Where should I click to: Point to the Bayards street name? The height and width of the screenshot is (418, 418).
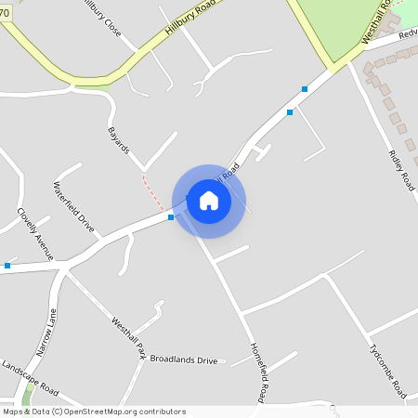(119, 140)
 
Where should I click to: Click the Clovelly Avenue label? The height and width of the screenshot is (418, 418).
(35, 232)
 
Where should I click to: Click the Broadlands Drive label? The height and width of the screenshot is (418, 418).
(183, 359)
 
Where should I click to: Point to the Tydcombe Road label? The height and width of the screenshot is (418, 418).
(386, 367)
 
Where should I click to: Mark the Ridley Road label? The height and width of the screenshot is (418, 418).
(402, 169)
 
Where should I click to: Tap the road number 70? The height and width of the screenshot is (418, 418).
(5, 14)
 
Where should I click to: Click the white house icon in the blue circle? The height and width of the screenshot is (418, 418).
(209, 201)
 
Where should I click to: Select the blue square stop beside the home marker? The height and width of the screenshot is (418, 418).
(171, 217)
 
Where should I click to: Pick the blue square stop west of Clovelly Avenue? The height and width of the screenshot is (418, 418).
(7, 266)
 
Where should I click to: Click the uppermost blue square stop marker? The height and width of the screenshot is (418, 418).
(305, 89)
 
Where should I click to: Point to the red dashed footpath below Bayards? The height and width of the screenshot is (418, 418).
(151, 190)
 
